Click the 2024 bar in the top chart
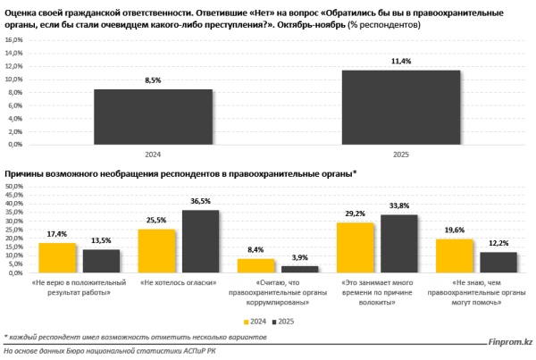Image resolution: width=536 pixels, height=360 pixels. pyautogui.click(x=154, y=116)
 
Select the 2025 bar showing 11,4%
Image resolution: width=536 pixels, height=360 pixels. pyautogui.click(x=400, y=107)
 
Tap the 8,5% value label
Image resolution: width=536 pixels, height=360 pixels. pyautogui.click(x=154, y=81)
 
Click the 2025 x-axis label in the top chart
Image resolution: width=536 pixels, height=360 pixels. pyautogui.click(x=400, y=154)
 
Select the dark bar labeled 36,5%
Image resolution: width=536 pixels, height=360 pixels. pyautogui.click(x=200, y=241)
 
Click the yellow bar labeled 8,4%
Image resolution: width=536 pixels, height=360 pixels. pyautogui.click(x=255, y=265)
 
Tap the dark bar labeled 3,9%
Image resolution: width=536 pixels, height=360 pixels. pyautogui.click(x=299, y=269)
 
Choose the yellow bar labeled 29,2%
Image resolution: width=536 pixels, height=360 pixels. pyautogui.click(x=355, y=247)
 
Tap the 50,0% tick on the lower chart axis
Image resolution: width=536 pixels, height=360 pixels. pyautogui.click(x=15, y=187)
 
